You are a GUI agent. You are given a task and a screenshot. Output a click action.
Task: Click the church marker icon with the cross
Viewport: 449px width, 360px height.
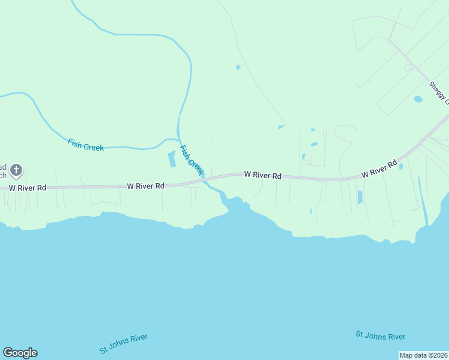[16, 170]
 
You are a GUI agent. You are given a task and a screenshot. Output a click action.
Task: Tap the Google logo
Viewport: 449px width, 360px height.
[20, 353]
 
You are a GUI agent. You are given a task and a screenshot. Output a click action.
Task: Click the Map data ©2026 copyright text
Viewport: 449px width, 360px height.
[423, 355]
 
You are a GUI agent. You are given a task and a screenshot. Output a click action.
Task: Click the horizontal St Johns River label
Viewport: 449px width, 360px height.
[380, 336]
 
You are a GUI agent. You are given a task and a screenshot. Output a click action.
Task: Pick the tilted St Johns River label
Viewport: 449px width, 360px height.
[124, 344]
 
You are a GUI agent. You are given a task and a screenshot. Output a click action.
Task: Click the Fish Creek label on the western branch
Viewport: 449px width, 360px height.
[86, 145]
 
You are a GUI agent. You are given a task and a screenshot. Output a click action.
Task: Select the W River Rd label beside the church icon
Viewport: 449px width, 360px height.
[28, 188]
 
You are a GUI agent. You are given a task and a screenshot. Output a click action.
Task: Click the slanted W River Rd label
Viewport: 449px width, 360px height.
[379, 169]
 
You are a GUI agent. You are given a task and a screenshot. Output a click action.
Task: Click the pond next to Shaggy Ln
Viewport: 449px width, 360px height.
[418, 99]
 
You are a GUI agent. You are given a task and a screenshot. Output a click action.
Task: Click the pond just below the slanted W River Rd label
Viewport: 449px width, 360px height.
[360, 197]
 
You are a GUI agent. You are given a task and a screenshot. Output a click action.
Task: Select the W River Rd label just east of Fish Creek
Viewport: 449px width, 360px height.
[262, 175]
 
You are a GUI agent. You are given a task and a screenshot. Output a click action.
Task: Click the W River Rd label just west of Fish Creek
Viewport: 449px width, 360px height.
[145, 187]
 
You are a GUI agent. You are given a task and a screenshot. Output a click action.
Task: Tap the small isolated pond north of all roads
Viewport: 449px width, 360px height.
[238, 67]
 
